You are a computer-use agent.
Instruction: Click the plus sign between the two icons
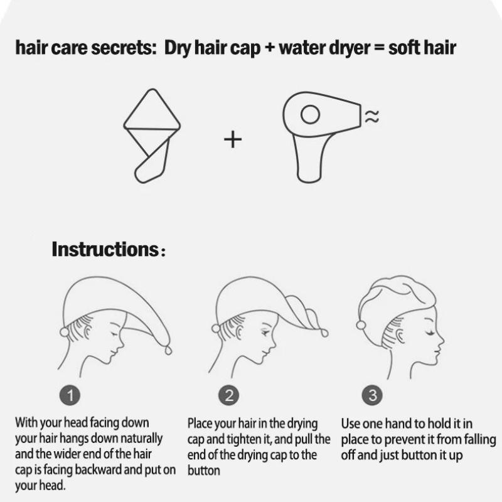tap(233, 139)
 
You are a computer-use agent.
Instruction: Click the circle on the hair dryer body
tap(310, 115)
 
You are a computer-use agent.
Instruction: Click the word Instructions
tap(104, 249)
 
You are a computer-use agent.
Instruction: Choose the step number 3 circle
tap(373, 395)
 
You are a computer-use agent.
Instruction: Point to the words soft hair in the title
tap(422, 48)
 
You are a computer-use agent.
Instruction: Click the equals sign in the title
tap(375, 49)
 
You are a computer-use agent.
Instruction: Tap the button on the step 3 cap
tap(361, 324)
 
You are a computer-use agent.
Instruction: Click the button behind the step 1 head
tap(64, 332)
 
